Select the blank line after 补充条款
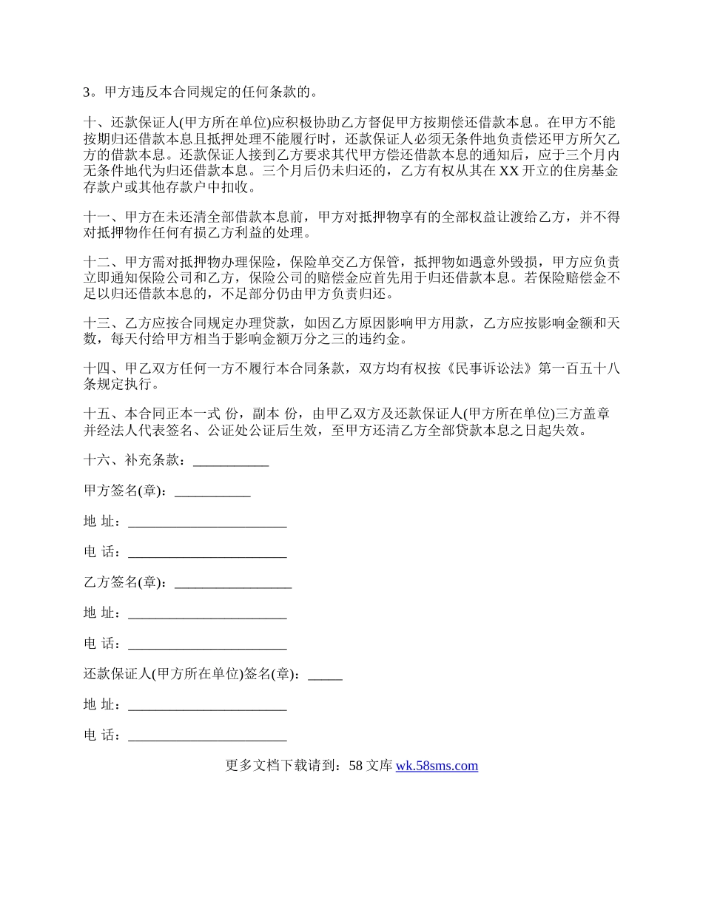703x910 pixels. pos(230,461)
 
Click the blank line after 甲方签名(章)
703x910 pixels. pos(212,491)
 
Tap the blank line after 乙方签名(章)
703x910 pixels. pos(233,583)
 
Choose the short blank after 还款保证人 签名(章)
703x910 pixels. pos(325,675)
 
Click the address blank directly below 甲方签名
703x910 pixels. pos(207,522)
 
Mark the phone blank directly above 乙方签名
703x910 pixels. pos(207,553)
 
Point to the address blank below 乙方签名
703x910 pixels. pos(207,614)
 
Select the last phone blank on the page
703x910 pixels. pos(207,736)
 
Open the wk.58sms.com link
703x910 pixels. pos(437,766)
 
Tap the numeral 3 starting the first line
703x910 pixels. pos(87,93)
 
